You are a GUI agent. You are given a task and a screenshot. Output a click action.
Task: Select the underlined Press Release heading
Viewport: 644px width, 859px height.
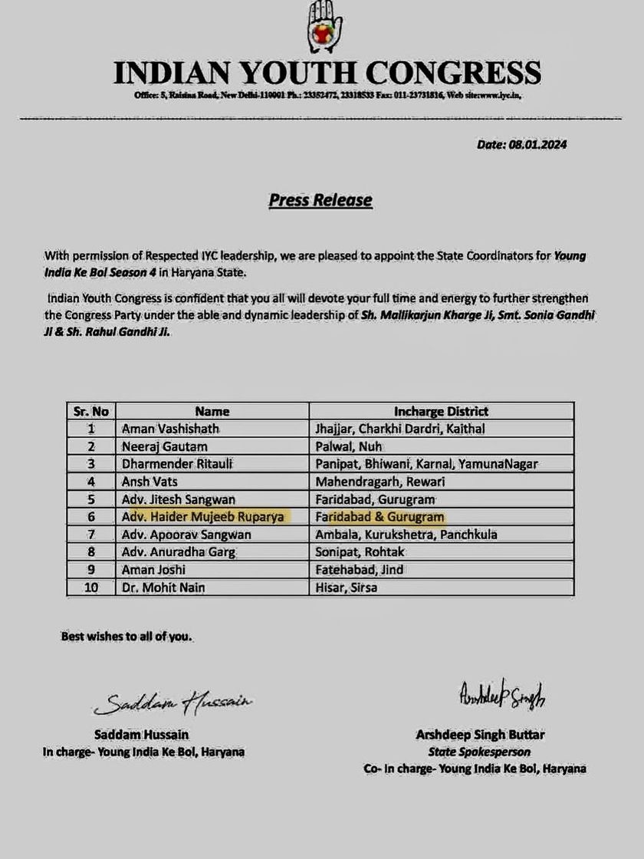(320, 200)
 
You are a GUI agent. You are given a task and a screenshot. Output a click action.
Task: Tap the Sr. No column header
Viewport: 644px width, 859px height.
(90, 411)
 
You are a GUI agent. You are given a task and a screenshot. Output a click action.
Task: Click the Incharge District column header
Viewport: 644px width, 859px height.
(441, 411)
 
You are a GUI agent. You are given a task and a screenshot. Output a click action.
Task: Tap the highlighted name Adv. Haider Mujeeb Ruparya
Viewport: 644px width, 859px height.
(207, 517)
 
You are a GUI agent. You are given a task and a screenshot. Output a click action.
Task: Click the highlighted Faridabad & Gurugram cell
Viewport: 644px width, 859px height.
(379, 517)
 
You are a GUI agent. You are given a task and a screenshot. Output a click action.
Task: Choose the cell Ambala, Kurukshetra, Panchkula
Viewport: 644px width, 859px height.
(406, 534)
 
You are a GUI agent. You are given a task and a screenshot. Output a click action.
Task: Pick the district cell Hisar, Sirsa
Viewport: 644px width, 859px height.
(347, 587)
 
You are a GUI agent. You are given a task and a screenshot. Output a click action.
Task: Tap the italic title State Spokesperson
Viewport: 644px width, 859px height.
(479, 752)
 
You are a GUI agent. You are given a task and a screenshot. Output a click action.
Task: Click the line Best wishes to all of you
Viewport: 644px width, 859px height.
(127, 637)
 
